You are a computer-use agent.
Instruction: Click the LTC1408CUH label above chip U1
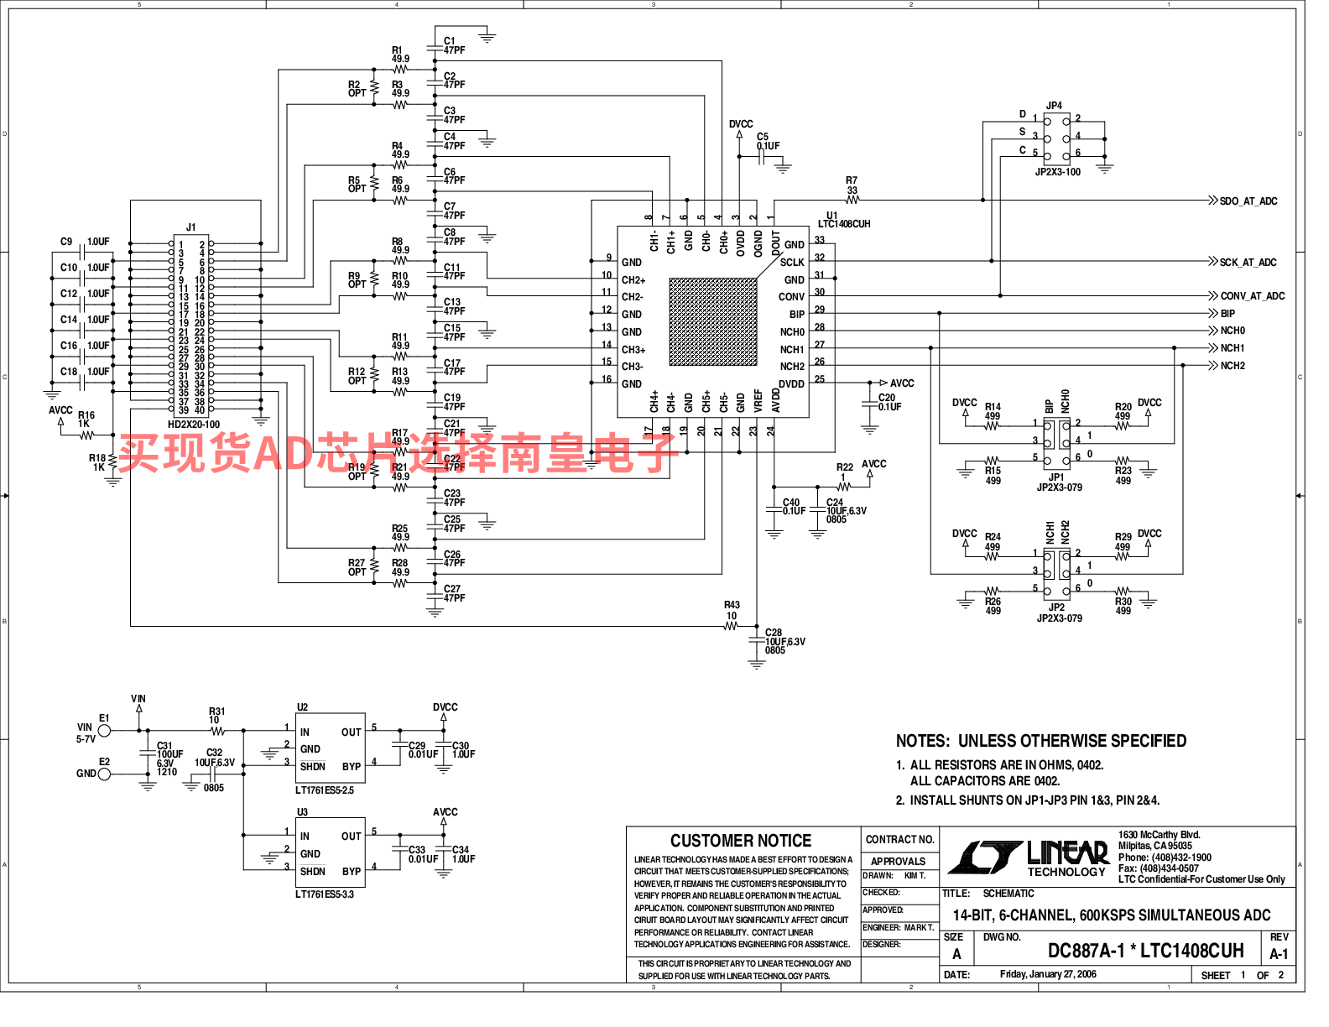click(x=844, y=224)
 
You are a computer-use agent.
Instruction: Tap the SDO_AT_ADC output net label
click(x=1248, y=201)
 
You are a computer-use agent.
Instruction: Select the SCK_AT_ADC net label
click(x=1248, y=263)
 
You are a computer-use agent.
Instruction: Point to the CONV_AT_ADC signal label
click(x=1252, y=296)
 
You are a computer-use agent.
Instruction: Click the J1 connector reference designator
click(x=190, y=227)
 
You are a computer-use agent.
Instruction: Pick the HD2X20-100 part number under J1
click(x=194, y=425)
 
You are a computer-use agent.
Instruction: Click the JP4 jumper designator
click(x=1054, y=106)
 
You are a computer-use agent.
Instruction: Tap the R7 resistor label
click(x=852, y=180)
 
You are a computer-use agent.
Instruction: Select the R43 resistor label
click(x=732, y=605)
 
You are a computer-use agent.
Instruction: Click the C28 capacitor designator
click(x=773, y=633)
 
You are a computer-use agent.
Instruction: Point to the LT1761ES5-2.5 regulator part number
click(x=325, y=790)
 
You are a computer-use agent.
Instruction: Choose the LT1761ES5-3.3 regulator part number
click(x=325, y=894)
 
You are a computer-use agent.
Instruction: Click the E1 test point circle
click(x=104, y=731)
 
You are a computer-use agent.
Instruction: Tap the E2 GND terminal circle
click(x=104, y=774)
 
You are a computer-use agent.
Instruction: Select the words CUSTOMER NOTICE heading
click(x=741, y=841)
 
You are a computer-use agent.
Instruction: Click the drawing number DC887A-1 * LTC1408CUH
click(x=1145, y=951)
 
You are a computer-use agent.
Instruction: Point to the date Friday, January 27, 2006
click(x=1048, y=974)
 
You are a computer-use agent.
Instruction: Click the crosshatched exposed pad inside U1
click(x=713, y=322)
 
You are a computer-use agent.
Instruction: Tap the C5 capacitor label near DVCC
click(x=762, y=137)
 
